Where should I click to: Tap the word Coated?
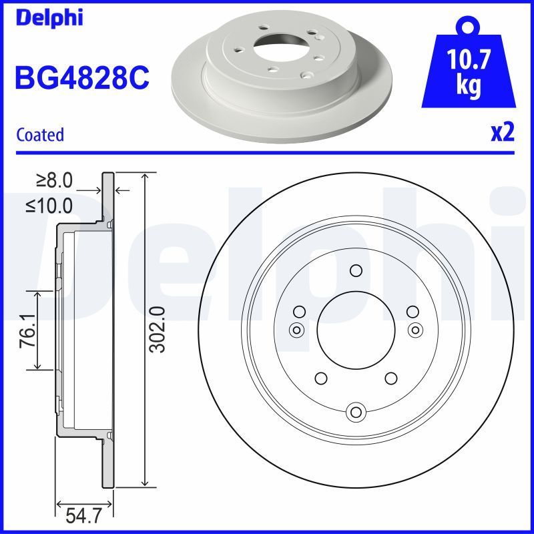40,134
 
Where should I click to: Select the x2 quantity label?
502,133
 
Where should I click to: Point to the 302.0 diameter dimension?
158,328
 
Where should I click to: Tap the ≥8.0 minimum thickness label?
54,180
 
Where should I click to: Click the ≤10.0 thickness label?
49,206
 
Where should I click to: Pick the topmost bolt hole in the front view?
356,270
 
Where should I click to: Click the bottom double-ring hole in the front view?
356,411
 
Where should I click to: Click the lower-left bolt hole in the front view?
320,378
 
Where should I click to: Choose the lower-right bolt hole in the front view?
391,378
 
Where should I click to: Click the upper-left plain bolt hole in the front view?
299,310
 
